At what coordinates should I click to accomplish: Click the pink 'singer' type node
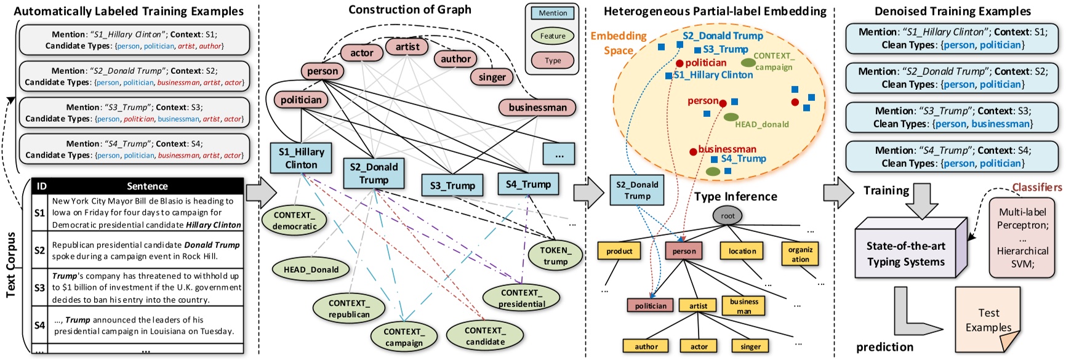[x=492, y=77]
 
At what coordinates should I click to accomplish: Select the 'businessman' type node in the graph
[x=537, y=107]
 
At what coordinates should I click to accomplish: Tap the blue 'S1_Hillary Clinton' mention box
[x=301, y=158]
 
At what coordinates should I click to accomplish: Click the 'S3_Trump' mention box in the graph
[x=452, y=185]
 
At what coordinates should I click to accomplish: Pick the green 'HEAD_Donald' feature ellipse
[x=311, y=269]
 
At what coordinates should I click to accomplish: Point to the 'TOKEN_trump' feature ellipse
[x=555, y=255]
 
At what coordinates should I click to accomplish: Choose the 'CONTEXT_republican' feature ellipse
[x=349, y=308]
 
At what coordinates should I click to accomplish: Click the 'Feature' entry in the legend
[x=553, y=36]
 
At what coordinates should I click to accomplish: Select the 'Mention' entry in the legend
[x=553, y=13]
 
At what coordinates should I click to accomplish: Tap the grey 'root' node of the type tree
[x=728, y=215]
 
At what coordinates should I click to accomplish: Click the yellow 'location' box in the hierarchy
[x=742, y=251]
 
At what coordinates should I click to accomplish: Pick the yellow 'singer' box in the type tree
[x=750, y=346]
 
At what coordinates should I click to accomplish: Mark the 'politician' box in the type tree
[x=651, y=305]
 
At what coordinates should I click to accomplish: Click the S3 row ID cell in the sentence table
[x=39, y=287]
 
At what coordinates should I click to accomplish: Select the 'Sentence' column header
[x=147, y=186]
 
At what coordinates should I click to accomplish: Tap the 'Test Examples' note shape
[x=988, y=319]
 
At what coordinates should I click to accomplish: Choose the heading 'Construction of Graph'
[x=410, y=9]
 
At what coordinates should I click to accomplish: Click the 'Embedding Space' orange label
[x=619, y=43]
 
